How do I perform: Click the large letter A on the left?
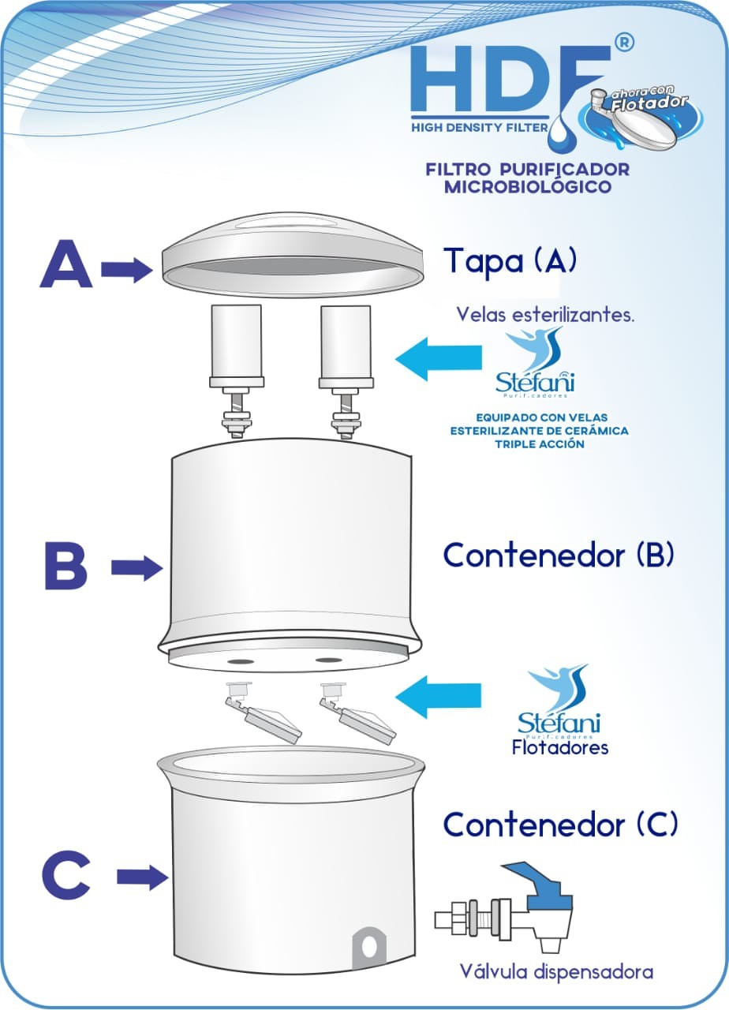tap(65, 265)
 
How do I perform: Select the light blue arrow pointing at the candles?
tap(438, 360)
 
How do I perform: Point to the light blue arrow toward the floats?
tap(438, 697)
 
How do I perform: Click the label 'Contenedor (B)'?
tap(559, 555)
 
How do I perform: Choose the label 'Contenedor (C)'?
tap(559, 825)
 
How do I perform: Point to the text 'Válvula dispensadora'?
tap(557, 971)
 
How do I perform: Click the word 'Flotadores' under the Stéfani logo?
tap(559, 746)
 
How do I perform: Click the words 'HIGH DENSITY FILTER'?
tap(478, 126)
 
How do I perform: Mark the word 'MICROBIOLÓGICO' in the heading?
tap(528, 188)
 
